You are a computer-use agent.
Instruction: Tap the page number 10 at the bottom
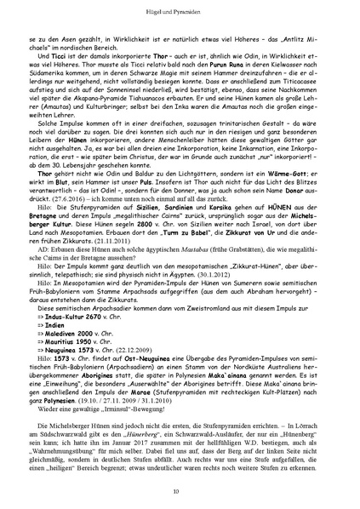pyautogui.click(x=180, y=491)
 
